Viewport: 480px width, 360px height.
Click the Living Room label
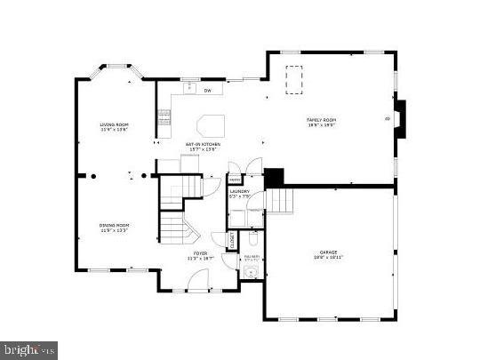(x=115, y=124)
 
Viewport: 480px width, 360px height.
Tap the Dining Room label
(x=115, y=225)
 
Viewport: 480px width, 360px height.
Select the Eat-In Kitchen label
(x=204, y=144)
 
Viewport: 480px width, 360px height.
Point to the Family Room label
(x=322, y=120)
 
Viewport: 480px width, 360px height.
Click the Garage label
(x=329, y=252)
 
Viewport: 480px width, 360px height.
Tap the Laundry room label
(x=240, y=191)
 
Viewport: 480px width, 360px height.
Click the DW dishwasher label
(x=207, y=90)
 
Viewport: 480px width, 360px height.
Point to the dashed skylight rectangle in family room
(x=292, y=79)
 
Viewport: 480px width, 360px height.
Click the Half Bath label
(x=252, y=258)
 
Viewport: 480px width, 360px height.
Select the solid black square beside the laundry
(x=273, y=177)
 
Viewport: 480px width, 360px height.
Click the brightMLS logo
(x=29, y=349)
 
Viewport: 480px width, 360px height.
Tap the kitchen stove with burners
(x=164, y=115)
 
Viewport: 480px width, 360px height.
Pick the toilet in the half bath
(x=252, y=240)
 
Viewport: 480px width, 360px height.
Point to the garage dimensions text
(x=329, y=259)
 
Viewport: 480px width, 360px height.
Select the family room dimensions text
(x=322, y=126)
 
